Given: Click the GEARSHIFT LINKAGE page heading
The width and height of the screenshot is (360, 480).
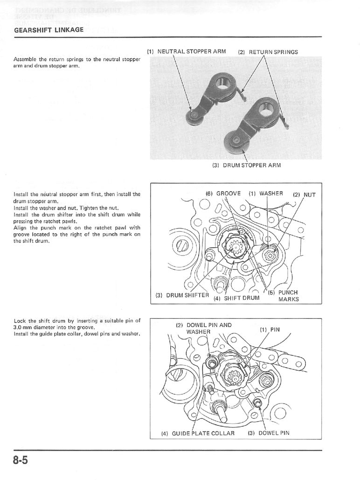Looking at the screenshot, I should (x=49, y=30).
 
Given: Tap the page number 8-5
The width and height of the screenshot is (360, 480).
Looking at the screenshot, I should (x=21, y=461).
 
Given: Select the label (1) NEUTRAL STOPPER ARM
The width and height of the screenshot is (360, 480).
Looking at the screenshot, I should (x=186, y=51).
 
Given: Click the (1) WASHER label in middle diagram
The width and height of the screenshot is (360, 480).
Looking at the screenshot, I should (x=265, y=194).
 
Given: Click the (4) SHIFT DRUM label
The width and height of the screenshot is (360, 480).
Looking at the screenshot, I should (x=236, y=298).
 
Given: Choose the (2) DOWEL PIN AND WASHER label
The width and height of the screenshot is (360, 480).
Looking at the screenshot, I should (x=203, y=328).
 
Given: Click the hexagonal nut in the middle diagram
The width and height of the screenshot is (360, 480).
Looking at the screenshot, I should (x=270, y=255).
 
